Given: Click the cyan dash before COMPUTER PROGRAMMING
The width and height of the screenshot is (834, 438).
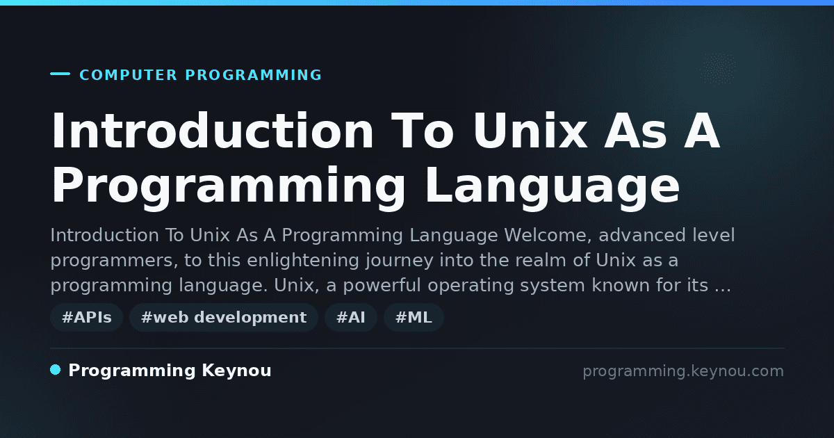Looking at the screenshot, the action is [60, 74].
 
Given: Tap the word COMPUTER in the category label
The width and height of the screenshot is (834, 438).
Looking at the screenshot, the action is [129, 75].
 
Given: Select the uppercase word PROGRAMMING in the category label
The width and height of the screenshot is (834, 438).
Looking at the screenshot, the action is [253, 75].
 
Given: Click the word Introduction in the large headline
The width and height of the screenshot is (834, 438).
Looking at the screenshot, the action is [212, 131].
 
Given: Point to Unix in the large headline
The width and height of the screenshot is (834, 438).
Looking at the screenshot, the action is [530, 131].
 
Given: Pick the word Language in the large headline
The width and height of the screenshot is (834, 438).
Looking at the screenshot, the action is [553, 186].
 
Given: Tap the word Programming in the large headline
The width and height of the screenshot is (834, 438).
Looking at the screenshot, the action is [228, 186].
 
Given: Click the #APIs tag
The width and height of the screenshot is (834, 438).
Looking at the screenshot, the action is [86, 317].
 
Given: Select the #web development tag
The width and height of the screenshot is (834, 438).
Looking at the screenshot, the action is [223, 317].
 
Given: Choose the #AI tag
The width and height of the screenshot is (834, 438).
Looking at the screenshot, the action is [351, 317].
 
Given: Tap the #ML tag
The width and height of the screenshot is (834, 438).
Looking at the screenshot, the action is [414, 317].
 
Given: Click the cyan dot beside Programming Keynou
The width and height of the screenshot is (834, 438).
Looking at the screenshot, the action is [56, 370].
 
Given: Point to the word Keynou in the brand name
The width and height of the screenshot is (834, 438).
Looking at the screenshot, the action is [236, 371].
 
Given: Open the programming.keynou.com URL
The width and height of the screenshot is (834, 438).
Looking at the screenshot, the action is [683, 371].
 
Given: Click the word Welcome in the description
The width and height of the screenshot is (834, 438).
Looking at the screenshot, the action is [548, 236].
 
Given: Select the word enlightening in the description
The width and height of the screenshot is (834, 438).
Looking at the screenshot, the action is [303, 260].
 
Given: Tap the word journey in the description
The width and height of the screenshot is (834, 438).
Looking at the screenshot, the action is [400, 261].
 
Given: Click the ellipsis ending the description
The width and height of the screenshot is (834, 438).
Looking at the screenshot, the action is [723, 290].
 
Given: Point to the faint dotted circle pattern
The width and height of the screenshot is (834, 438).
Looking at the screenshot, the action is [717, 69].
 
